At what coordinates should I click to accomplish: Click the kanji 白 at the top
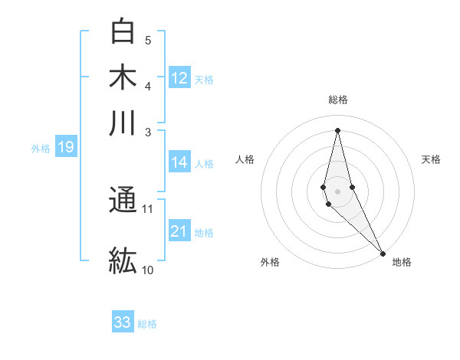123,31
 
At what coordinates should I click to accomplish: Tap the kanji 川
123,123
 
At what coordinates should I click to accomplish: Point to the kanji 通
123,201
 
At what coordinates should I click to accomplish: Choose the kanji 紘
123,260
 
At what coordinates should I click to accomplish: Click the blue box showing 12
179,78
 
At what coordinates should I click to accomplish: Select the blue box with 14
179,162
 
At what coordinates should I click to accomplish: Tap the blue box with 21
179,232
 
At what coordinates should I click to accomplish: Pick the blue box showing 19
65,148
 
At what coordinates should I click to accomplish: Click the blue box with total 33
123,322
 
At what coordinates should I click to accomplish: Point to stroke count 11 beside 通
148,208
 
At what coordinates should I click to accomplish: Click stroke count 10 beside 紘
148,270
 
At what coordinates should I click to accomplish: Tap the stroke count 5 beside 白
148,41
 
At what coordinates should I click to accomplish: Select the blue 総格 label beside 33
147,324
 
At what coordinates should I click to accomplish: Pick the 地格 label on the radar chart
402,262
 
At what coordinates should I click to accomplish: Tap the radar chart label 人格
245,159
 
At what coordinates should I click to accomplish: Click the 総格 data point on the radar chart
337,129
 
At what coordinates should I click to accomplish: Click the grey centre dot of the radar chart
337,191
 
